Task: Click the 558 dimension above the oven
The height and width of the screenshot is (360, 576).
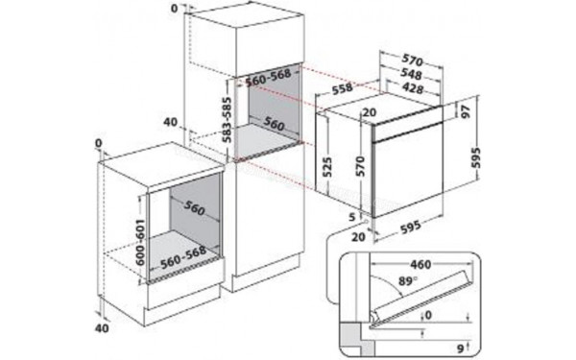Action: [x=342, y=88]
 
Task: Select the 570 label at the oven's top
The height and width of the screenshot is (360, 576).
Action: [x=413, y=57]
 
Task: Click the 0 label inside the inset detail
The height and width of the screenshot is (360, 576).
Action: [x=429, y=313]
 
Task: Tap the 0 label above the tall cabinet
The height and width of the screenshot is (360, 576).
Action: [x=173, y=8]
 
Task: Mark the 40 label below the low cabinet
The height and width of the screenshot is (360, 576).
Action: [x=104, y=329]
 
